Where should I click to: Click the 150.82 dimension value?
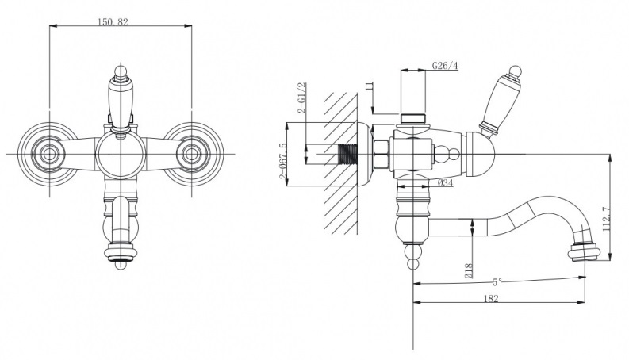point(113,22)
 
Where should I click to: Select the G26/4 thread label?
point(445,65)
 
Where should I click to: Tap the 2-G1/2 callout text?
point(302,98)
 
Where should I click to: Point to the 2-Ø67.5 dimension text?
point(283,161)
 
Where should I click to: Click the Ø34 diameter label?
point(445,183)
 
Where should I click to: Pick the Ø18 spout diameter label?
point(469,270)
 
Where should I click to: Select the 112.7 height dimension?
point(606,219)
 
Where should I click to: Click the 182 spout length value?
point(491,298)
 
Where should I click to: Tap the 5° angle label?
point(497,281)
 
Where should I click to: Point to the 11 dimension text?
point(370,86)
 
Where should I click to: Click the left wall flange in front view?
point(49,154)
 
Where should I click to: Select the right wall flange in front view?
point(192,154)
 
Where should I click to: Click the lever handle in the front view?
point(121,100)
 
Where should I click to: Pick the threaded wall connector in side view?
point(348,154)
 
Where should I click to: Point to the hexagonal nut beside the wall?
point(381,154)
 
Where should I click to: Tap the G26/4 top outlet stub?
point(413,119)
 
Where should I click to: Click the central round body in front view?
point(121,154)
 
